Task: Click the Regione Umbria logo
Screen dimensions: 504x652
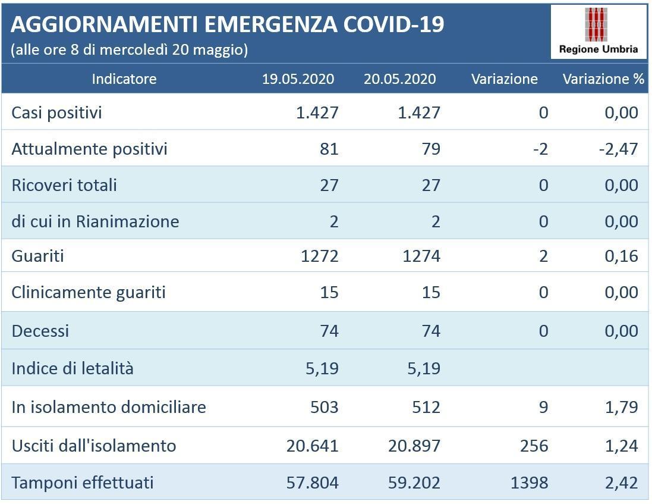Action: pos(599,32)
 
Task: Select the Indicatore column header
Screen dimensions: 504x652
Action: pos(124,79)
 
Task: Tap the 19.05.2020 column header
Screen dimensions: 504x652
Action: pos(298,79)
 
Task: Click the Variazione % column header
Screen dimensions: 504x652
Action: pos(603,79)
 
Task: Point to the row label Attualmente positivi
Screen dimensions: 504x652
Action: pos(89,149)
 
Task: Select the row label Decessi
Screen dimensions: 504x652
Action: pos(40,331)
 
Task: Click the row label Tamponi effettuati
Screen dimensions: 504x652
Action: pos(82,482)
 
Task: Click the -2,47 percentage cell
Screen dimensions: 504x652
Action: pos(618,149)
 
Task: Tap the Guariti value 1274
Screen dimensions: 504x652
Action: pos(420,256)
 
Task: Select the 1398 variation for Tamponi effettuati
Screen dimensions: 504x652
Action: pos(529,482)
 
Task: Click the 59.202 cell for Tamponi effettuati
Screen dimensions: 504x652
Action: pos(414,482)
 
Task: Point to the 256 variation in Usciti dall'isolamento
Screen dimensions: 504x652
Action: pos(533,446)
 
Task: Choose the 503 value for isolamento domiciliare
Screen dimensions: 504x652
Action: pos(324,407)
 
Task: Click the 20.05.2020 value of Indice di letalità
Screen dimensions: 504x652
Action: pos(420,368)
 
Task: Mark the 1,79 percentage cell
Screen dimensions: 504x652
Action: pos(622,407)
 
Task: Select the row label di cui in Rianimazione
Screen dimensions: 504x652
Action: pos(95,221)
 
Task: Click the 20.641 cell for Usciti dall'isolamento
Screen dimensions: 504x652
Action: pos(312,446)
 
